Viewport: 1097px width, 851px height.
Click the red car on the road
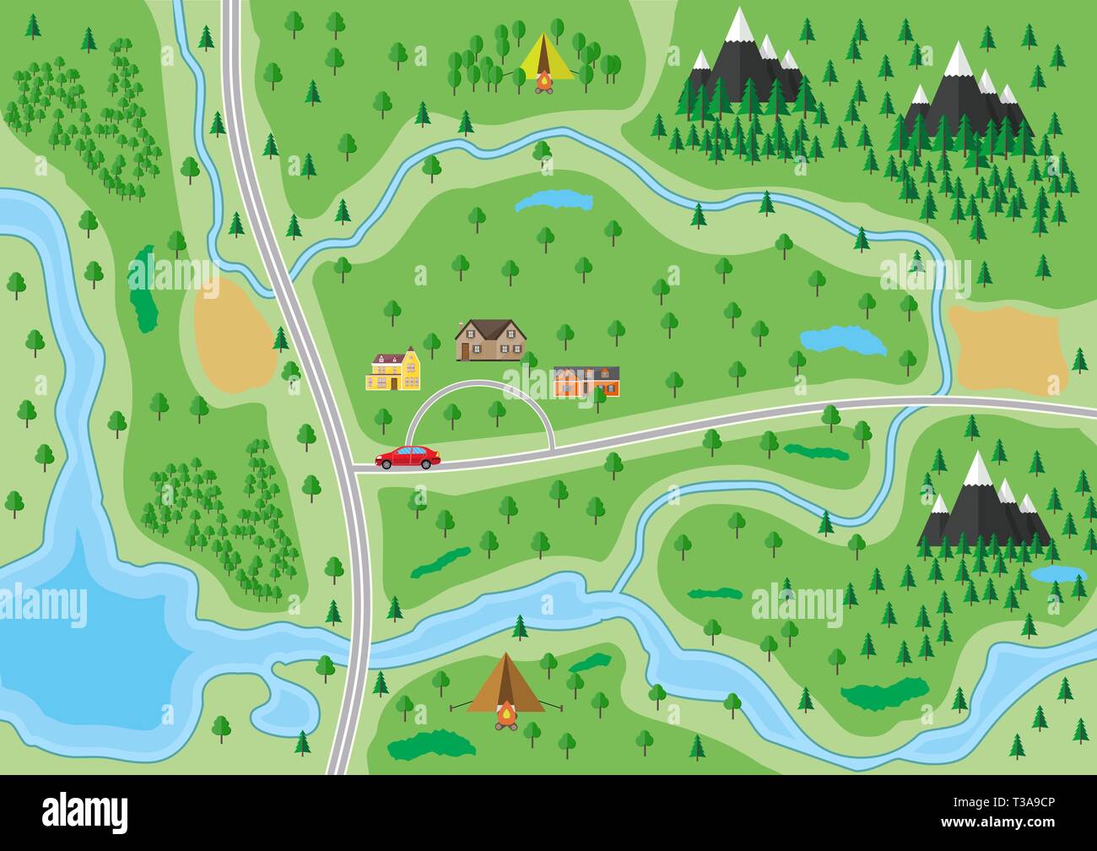pyautogui.click(x=408, y=458)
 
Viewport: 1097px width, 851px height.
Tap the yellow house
pyautogui.click(x=393, y=372)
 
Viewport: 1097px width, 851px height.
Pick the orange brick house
pyautogui.click(x=586, y=381)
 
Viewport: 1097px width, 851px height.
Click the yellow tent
pyautogui.click(x=545, y=57)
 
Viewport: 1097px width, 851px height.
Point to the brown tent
pyautogui.click(x=505, y=684)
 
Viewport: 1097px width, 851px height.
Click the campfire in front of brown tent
pyautogui.click(x=506, y=716)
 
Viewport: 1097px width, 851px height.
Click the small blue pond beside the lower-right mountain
pyautogui.click(x=1057, y=574)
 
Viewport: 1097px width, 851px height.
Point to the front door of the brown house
pyautogui.click(x=465, y=350)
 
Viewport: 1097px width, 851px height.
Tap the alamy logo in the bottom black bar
pyautogui.click(x=85, y=812)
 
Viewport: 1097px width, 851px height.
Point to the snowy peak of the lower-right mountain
pyautogui.click(x=978, y=468)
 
